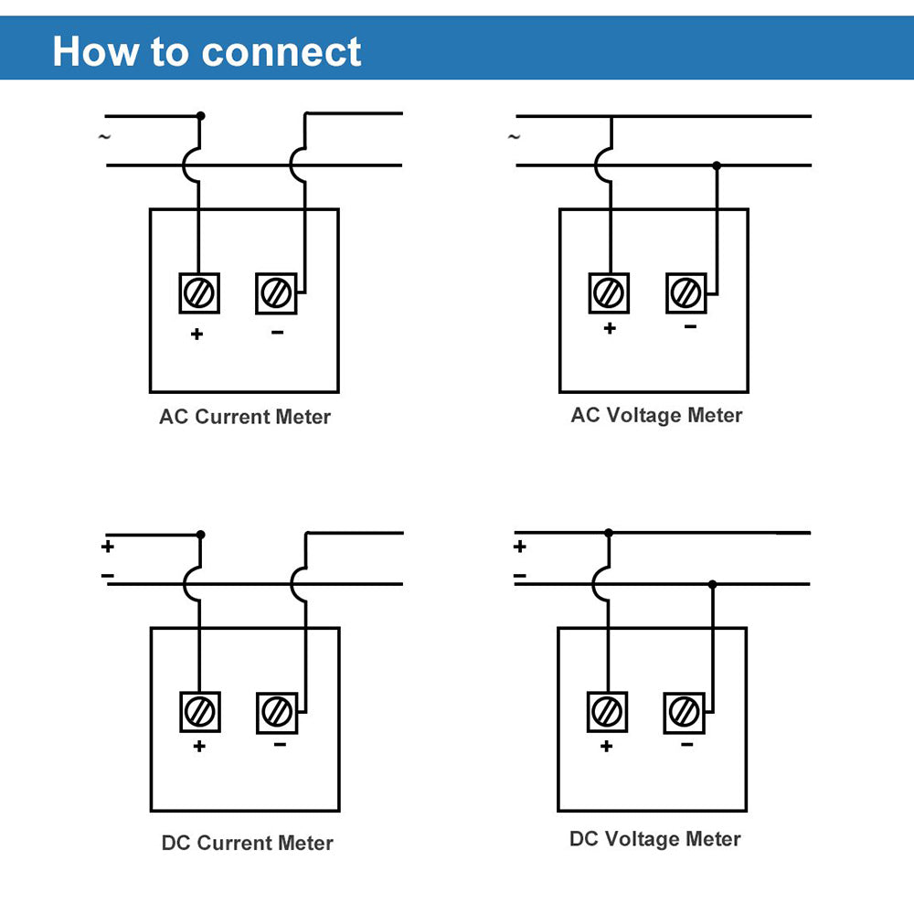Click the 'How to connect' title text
click(207, 51)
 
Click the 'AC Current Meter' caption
click(245, 417)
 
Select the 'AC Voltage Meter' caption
click(656, 415)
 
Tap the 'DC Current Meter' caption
click(247, 843)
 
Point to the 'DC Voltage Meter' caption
click(654, 839)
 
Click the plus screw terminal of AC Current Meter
click(198, 293)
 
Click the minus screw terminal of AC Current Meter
click(275, 293)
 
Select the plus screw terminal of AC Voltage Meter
click(608, 293)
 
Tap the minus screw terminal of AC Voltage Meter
click(685, 293)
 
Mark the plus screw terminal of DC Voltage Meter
click(606, 710)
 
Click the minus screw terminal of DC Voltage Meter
click(683, 710)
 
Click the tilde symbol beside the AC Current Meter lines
click(104, 137)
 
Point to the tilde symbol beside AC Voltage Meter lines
click(514, 137)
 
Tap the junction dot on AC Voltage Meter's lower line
click(717, 165)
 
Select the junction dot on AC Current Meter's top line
click(201, 116)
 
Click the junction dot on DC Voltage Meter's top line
click(609, 532)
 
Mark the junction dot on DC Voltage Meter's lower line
click(713, 584)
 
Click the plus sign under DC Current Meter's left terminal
click(199, 746)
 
